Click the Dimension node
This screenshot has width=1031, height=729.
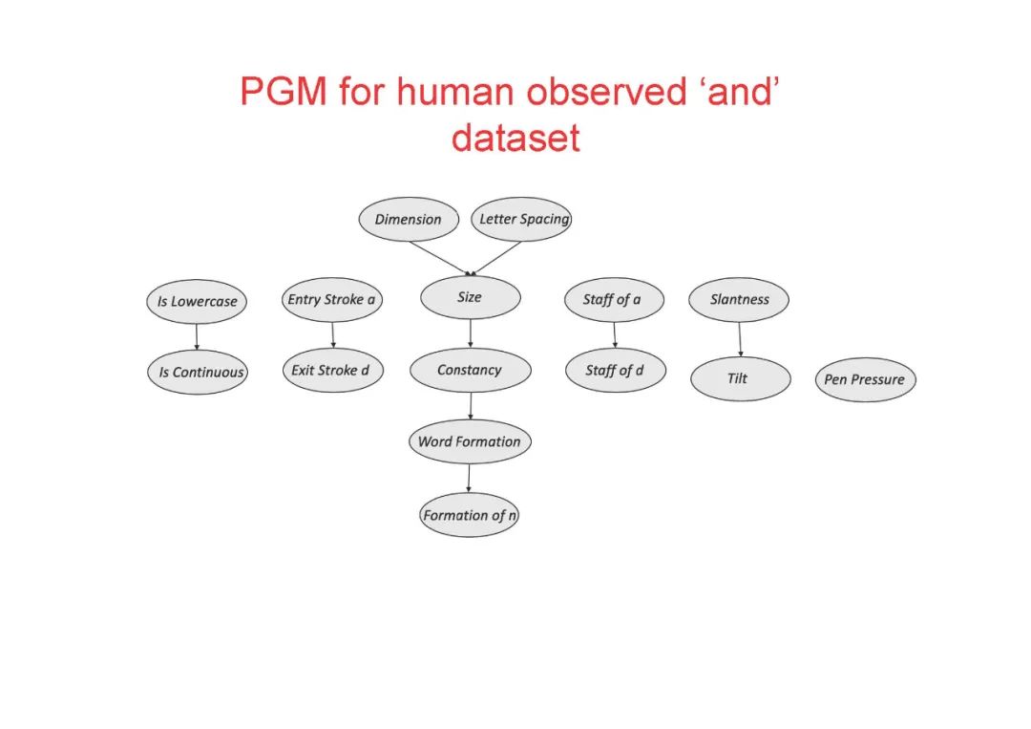408,220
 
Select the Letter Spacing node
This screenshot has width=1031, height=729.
521,220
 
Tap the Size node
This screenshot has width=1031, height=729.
470,297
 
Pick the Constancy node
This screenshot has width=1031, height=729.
470,371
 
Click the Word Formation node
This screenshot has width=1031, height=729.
470,442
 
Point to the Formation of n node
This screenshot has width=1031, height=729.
470,515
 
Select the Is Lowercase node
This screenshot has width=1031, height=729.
198,302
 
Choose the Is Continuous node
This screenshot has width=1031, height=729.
200,373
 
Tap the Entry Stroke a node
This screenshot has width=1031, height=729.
331,300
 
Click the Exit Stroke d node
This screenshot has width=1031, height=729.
331,371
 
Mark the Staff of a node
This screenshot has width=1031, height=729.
612,300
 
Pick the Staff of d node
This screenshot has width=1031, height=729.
615,371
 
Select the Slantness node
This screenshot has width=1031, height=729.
739,300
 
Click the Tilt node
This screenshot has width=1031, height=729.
740,379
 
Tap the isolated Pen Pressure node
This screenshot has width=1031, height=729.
865,380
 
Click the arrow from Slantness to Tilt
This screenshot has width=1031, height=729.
740,339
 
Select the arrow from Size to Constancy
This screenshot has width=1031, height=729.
470,333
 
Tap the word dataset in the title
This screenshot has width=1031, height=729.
515,139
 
